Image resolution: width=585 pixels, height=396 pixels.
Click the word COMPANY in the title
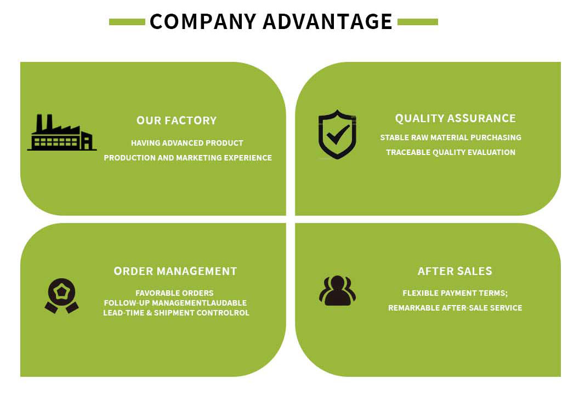(x=202, y=21)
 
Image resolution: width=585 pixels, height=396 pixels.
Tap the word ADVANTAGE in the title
(x=327, y=21)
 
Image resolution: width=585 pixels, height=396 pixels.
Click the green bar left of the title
(x=127, y=22)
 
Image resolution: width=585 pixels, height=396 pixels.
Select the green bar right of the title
(x=417, y=22)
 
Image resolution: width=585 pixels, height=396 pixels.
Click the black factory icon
(x=61, y=133)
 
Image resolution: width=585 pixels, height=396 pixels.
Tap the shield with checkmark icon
(x=337, y=134)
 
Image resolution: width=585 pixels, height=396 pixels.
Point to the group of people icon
(x=337, y=290)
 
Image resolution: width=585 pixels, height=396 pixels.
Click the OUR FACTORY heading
(x=177, y=120)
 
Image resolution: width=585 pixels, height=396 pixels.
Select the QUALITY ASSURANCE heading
(x=455, y=118)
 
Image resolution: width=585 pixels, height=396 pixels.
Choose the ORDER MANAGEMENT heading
(x=175, y=271)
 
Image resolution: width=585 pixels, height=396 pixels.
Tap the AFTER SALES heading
(x=455, y=271)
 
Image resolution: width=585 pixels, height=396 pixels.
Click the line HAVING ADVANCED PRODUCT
(x=187, y=143)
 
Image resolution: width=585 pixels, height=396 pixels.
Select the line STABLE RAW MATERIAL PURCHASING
(x=451, y=137)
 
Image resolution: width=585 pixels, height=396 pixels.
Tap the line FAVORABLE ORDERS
(x=174, y=293)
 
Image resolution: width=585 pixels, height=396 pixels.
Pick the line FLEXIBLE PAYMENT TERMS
(x=455, y=293)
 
